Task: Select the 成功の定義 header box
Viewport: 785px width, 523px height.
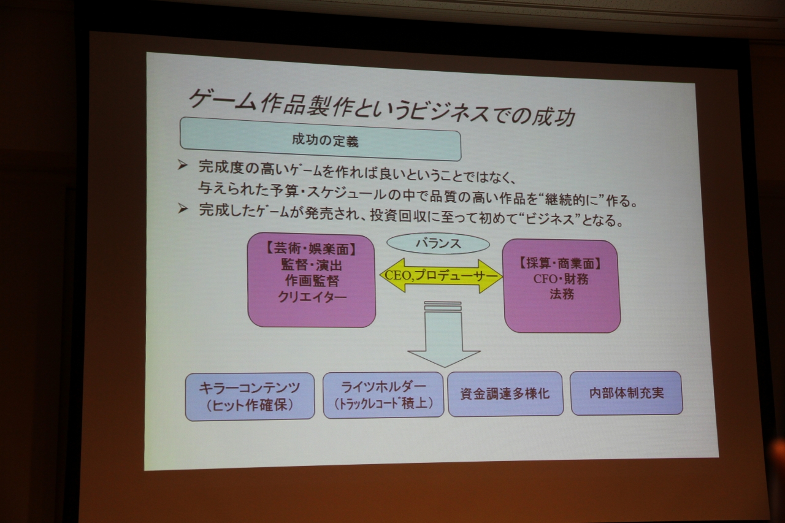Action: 320,139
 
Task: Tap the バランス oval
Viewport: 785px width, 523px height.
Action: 438,243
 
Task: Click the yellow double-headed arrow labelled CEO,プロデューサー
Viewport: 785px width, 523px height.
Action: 441,276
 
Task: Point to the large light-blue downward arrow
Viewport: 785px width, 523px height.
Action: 443,335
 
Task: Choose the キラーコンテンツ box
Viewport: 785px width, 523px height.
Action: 250,396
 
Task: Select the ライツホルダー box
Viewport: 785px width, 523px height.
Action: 383,395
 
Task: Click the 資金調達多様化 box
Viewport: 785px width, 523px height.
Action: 505,394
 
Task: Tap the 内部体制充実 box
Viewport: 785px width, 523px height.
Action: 626,392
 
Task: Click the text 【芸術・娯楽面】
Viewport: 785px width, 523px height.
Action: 311,249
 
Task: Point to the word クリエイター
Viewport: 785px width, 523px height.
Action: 312,297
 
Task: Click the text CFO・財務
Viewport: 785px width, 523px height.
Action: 561,279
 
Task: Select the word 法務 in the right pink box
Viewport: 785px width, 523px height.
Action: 562,294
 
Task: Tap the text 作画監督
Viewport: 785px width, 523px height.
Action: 312,281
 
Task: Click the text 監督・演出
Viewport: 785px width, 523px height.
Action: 312,265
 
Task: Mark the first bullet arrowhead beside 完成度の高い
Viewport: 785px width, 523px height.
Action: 182,165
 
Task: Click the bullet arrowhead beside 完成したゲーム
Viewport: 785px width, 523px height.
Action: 183,209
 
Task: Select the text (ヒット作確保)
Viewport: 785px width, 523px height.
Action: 250,405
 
